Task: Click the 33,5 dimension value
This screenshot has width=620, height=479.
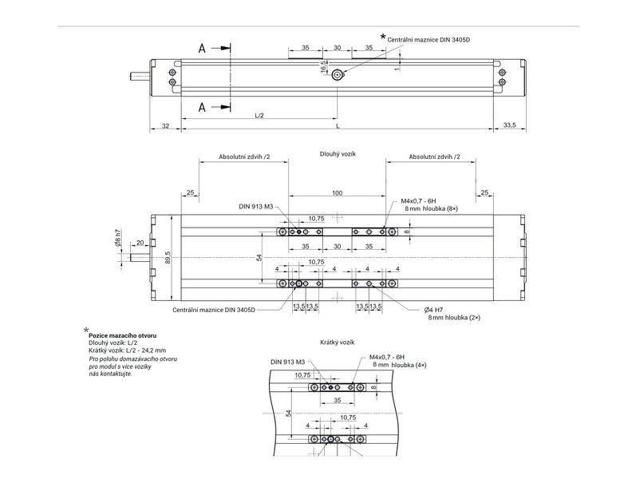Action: coord(509,125)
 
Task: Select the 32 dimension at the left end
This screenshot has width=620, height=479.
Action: coord(166,126)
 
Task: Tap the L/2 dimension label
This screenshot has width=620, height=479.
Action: coord(259,116)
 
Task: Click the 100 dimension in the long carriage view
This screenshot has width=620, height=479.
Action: coord(337,193)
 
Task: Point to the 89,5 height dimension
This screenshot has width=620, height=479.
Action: coord(168,258)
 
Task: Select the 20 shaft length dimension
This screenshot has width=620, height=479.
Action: coord(140,243)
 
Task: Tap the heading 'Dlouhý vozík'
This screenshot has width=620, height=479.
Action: coord(338,154)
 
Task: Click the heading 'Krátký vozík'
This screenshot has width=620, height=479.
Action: coord(337,342)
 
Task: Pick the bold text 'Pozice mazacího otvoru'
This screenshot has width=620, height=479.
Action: coord(123,335)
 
